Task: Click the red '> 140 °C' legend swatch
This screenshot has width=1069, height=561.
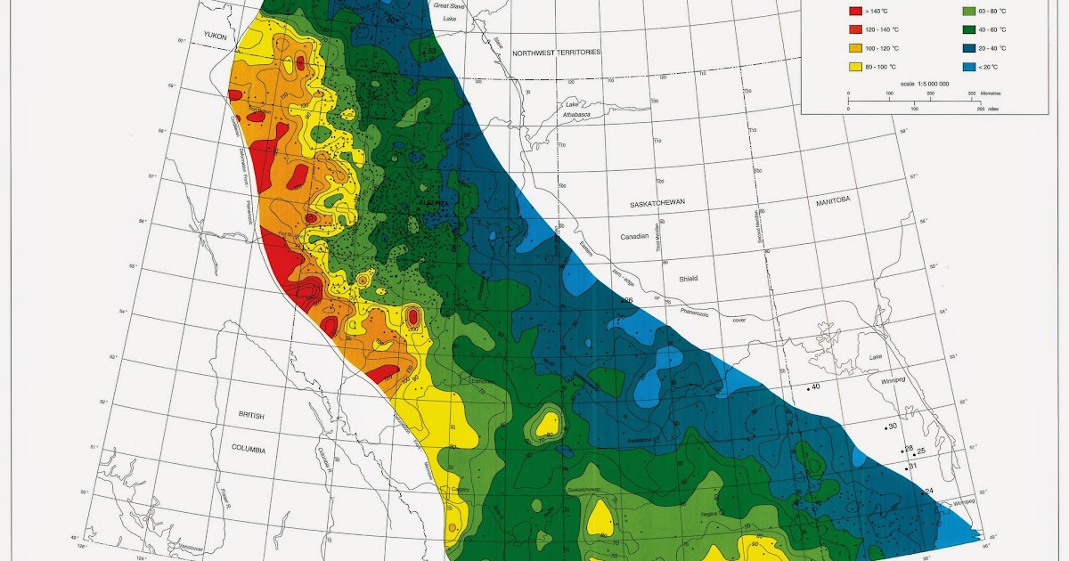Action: (x=855, y=12)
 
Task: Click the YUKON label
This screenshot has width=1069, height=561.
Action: (x=216, y=36)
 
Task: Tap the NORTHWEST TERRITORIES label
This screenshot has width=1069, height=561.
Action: (x=556, y=53)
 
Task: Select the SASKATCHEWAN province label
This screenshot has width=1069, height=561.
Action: (x=657, y=204)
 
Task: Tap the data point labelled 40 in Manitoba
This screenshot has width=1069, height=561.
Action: (x=808, y=388)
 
